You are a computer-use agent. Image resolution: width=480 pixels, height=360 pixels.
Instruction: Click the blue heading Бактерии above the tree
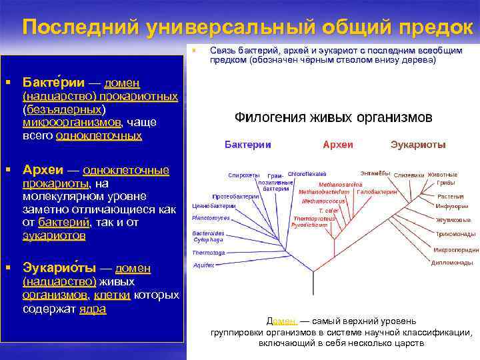coord(248,145)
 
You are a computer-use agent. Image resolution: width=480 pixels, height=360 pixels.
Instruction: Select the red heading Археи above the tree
coord(337,145)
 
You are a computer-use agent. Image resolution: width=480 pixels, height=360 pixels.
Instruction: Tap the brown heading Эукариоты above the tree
coord(418,145)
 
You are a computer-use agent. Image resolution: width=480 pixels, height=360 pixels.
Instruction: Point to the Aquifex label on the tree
coord(203,265)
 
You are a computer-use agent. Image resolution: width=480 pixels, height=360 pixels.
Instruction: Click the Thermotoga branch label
coord(209,253)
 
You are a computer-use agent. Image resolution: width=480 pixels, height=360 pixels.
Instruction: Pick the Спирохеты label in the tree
coord(243,175)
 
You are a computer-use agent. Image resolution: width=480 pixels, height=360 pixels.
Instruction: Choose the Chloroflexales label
coord(307,173)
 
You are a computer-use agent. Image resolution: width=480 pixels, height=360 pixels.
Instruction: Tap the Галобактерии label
coord(377,191)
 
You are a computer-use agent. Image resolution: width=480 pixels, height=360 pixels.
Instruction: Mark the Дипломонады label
coord(452,263)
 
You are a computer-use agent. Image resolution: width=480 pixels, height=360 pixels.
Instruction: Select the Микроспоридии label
coord(456,250)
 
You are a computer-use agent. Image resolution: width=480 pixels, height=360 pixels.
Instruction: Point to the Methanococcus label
coord(323,200)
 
